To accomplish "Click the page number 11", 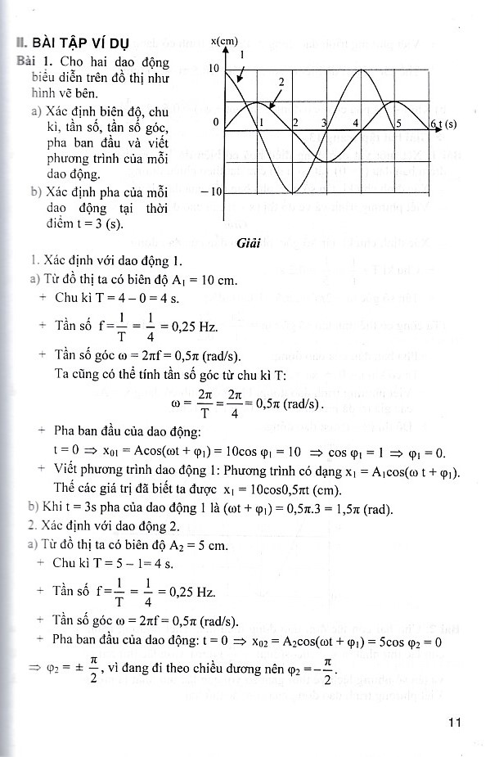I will coord(456,722).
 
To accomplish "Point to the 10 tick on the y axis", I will coord(213,70).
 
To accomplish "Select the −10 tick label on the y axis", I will coord(209,192).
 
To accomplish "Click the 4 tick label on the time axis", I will coord(356,123).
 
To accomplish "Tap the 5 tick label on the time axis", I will coord(398,124).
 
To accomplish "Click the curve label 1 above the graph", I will coord(242,53).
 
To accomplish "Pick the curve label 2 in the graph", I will coord(281,82).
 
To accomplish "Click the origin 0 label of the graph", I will coord(215,122).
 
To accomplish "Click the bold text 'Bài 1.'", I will coord(33,62).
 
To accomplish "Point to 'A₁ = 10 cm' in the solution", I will coord(205,280).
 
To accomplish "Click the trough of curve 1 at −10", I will coord(293,192).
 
